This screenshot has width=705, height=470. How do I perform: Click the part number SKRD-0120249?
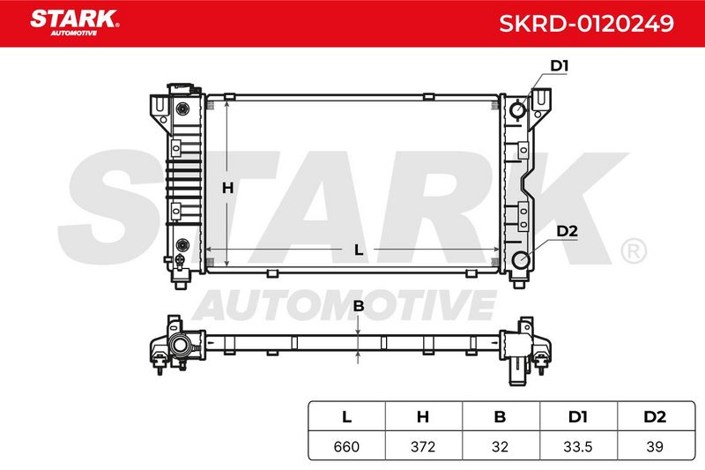[x=586, y=24]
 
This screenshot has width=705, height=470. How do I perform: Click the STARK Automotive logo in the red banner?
[x=75, y=23]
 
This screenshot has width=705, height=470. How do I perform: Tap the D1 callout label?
[x=560, y=66]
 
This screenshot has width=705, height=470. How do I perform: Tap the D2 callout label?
[x=567, y=231]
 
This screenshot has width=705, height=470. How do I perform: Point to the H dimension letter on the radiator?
[x=227, y=188]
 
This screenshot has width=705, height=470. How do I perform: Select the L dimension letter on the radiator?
[x=359, y=250]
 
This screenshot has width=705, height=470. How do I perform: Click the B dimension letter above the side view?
[x=359, y=306]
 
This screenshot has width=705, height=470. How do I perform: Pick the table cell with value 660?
[x=346, y=446]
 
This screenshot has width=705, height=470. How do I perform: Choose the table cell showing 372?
[x=423, y=446]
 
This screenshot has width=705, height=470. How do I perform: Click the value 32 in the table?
[x=500, y=446]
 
